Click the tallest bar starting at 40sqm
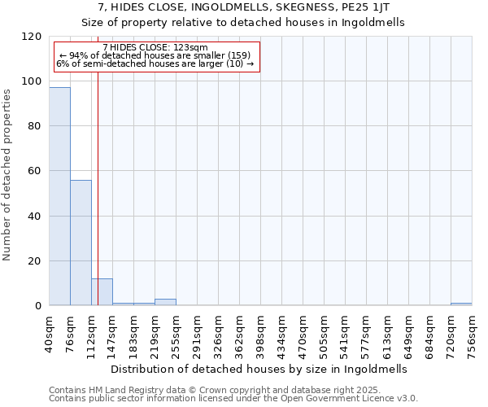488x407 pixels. [x=59, y=196]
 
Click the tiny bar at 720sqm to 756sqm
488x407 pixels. [x=461, y=304]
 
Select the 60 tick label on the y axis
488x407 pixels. [x=34, y=172]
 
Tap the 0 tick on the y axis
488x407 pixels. [x=37, y=306]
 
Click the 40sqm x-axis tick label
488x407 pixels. [x=50, y=332]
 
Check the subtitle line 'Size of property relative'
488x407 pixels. [x=243, y=22]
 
